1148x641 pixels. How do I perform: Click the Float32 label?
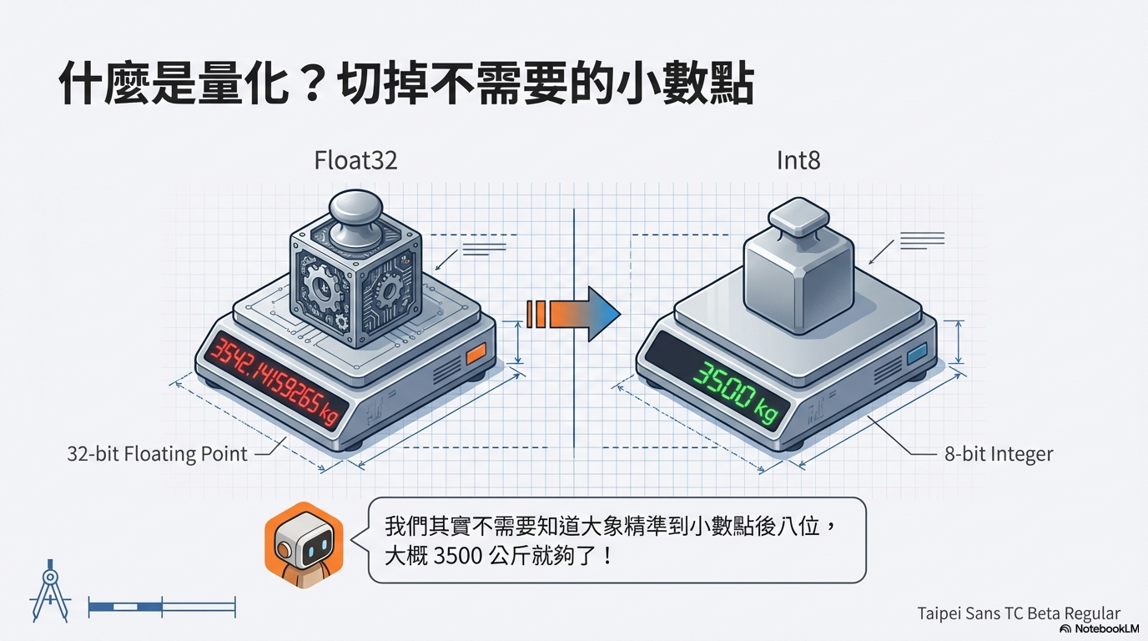pos(355,160)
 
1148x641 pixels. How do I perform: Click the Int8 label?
pos(798,160)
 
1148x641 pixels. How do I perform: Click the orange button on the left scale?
pos(476,353)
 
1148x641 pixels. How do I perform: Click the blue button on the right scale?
pos(915,354)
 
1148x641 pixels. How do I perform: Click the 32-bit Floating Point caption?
pos(157,454)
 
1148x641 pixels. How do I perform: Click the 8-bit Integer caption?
pos(999,454)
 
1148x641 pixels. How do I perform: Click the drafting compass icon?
pos(49,591)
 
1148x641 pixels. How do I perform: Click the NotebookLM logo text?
pos(1106,628)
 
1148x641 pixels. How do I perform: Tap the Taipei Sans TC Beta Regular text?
pos(1019,613)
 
